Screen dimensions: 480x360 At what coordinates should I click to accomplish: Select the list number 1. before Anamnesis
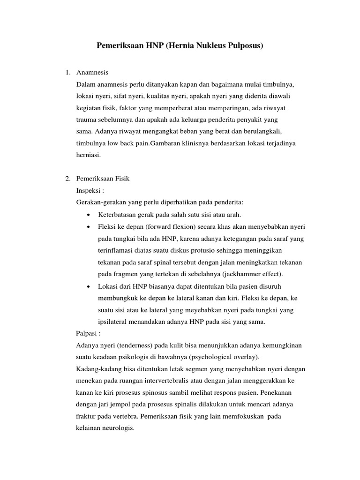(x=67, y=73)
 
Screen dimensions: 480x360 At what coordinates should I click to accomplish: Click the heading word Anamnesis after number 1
(x=92, y=73)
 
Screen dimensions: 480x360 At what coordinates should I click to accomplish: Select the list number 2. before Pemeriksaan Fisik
(x=67, y=179)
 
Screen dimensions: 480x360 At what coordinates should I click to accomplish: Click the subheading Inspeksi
(x=89, y=191)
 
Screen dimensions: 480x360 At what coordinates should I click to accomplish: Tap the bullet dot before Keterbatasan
(x=89, y=215)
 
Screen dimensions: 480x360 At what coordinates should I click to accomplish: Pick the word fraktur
(x=86, y=416)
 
